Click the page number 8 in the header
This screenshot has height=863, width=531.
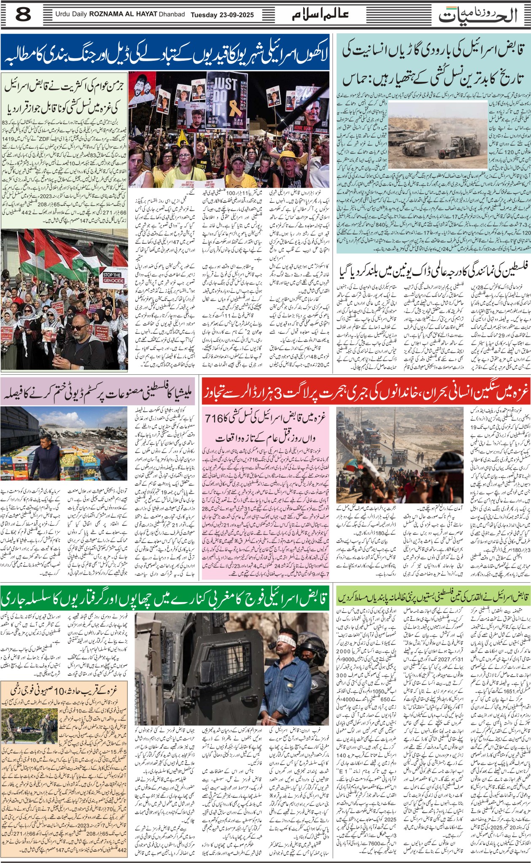pyautogui.click(x=23, y=16)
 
